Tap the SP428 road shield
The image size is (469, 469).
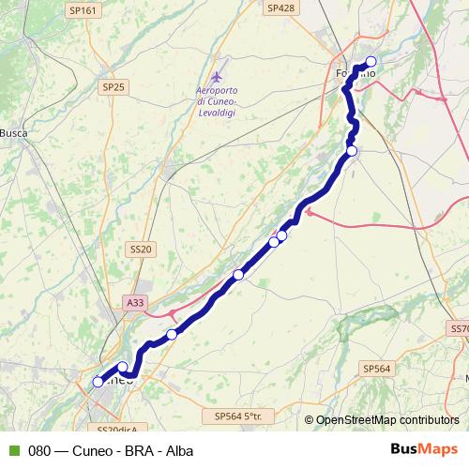pos(280,8)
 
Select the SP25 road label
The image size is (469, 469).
pos(113,87)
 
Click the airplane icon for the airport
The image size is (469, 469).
pos(218,75)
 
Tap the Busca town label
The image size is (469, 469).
pos(13,133)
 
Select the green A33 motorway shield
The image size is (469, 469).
pos(135,302)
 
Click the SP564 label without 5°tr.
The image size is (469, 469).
pos(376,370)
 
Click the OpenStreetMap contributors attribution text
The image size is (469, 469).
pos(387,420)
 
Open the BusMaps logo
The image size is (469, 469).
pos(424,450)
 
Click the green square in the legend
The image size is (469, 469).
pos(13,450)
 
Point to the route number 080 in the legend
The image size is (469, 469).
pos(38,450)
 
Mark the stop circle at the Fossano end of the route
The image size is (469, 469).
pos(371,62)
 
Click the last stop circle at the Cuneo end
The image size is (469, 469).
pos(98,382)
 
